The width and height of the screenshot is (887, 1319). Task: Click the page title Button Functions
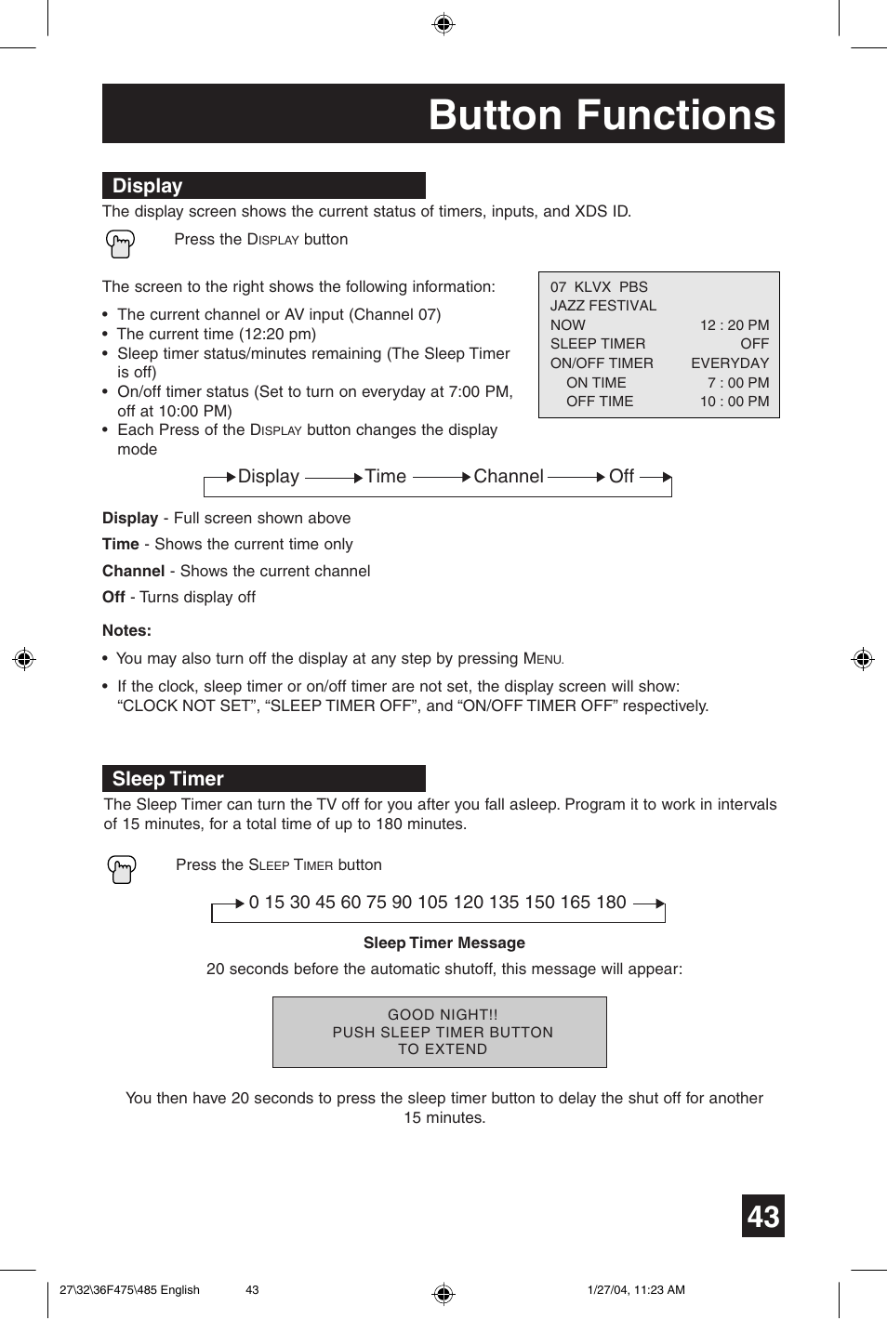[601, 115]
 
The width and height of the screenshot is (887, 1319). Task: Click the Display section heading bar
[263, 185]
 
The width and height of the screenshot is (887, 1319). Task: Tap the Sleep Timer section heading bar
[263, 778]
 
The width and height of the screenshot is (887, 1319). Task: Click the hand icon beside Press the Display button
[121, 244]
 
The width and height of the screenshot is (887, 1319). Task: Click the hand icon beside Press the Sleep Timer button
[122, 869]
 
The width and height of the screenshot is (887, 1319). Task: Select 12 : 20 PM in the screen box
[734, 325]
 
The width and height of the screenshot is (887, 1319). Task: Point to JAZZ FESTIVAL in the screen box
[602, 306]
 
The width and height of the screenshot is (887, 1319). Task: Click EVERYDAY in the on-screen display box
[729, 363]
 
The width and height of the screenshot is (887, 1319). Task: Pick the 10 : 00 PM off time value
[734, 402]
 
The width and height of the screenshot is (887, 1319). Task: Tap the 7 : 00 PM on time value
[737, 383]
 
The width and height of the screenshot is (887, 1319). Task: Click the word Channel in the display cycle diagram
[508, 477]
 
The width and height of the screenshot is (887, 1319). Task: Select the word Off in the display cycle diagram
[621, 477]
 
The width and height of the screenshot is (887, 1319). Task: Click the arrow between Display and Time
[332, 478]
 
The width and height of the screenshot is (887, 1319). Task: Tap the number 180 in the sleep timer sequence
[611, 903]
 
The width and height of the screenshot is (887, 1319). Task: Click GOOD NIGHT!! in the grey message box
[443, 1015]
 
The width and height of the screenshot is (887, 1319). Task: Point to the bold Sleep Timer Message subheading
[443, 943]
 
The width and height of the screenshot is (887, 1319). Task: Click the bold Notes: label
[126, 630]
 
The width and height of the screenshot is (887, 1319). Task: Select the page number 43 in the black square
[762, 1216]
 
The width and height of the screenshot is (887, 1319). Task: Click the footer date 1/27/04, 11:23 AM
[636, 1289]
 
